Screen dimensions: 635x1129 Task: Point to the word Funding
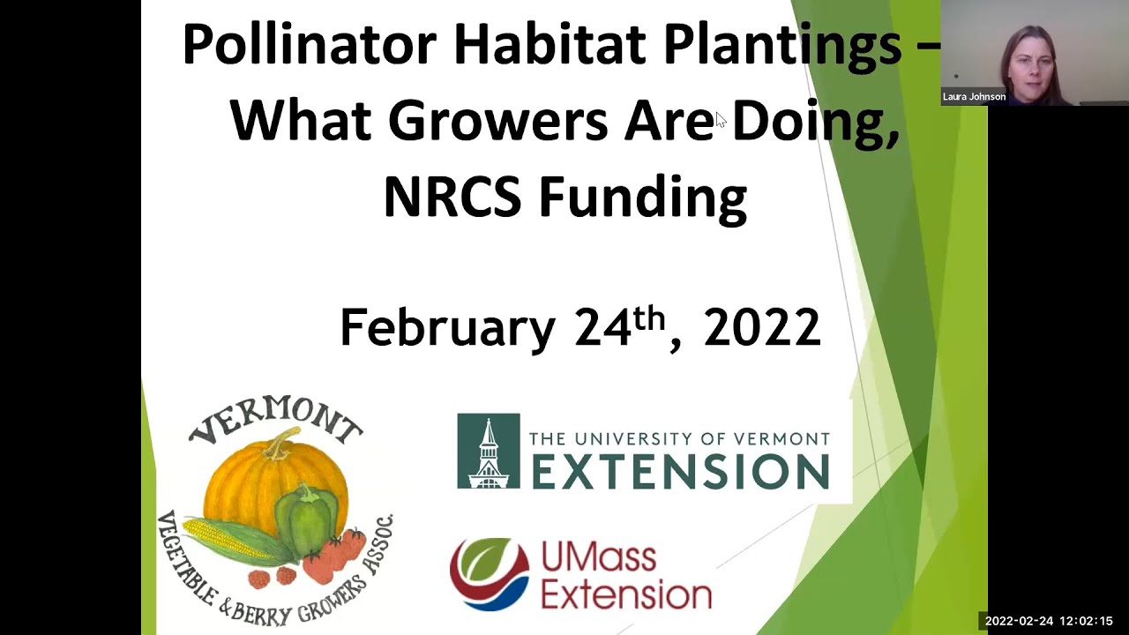click(x=643, y=198)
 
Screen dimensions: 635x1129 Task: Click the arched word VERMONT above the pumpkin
click(x=275, y=422)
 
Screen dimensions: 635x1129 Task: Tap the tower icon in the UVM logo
click(x=488, y=452)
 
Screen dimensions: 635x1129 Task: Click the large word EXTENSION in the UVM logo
click(x=680, y=472)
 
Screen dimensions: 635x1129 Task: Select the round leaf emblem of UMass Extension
click(x=489, y=573)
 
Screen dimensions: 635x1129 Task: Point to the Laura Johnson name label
click(x=974, y=97)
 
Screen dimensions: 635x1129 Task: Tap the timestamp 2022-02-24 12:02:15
click(x=1049, y=621)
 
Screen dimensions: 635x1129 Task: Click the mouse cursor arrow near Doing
click(x=720, y=119)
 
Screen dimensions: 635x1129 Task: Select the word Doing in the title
click(x=815, y=121)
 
